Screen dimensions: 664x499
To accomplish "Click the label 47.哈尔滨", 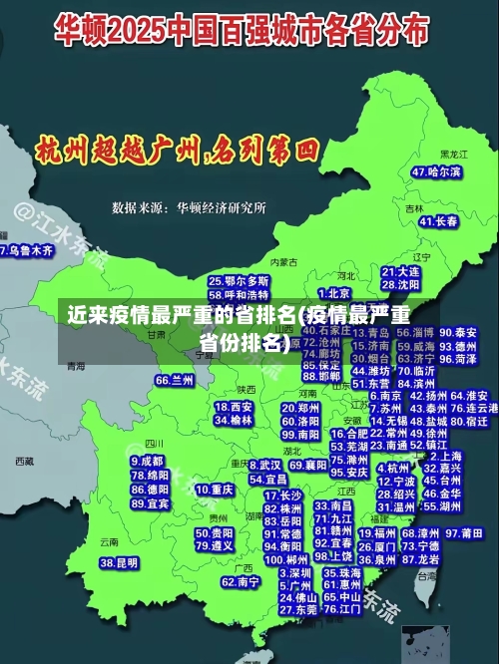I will tap(436, 172).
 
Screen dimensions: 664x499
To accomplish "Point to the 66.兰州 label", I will tap(175, 380).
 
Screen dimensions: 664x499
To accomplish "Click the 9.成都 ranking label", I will tap(147, 462).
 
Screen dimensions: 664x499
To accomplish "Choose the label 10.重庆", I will tap(215, 490).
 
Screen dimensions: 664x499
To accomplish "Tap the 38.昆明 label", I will tap(120, 562).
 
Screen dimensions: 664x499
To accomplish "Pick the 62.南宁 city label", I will tap(241, 581).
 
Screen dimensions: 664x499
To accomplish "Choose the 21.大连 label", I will tap(400, 270).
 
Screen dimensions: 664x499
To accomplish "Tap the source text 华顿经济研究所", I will tap(221, 207).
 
